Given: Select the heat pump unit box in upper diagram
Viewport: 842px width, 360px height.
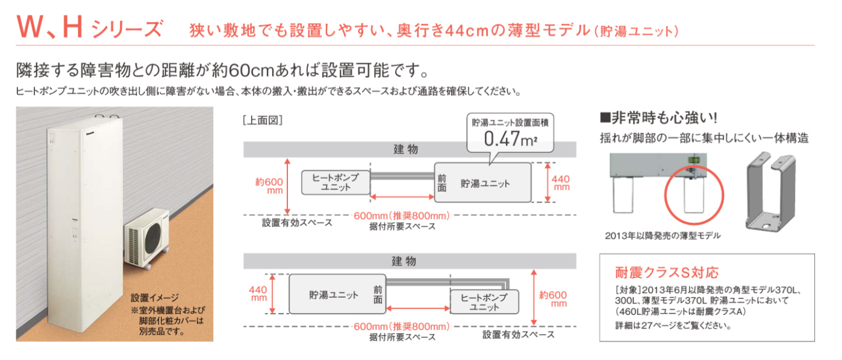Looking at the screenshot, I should (335, 182).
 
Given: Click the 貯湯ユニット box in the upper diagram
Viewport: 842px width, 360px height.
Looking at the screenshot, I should (482, 182).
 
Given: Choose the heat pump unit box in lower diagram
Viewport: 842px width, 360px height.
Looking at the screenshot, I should (484, 302).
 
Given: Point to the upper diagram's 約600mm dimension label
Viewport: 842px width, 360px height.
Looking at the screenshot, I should (267, 186).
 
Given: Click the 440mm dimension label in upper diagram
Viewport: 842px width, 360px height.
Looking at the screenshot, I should (561, 182).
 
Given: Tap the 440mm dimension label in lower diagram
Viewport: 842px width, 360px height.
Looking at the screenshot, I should (258, 294).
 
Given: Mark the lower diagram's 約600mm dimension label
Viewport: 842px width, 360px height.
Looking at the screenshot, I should (553, 299).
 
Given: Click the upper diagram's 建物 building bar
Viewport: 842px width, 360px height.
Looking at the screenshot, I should (410, 149).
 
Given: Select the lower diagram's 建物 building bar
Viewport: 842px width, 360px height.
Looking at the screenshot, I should (410, 261).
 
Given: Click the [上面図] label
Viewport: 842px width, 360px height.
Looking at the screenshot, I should (262, 120).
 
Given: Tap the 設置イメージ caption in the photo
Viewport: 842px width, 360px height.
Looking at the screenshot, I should (155, 297).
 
